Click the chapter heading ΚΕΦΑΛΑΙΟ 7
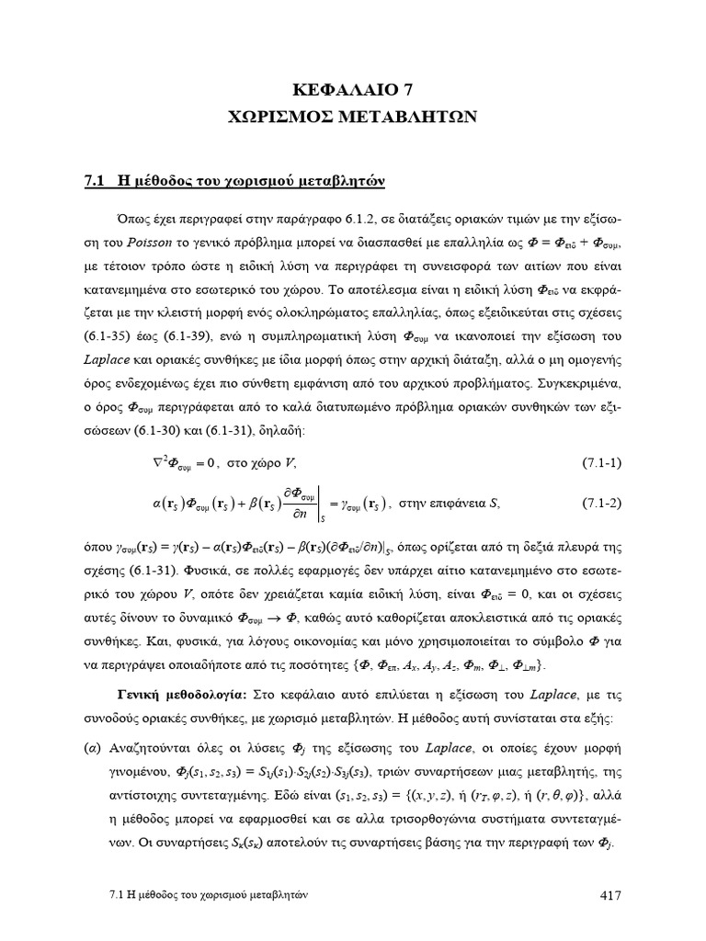[353, 91]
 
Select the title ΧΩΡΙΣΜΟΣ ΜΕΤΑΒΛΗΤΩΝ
[353, 117]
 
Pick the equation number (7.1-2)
[602, 503]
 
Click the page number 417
[609, 896]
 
